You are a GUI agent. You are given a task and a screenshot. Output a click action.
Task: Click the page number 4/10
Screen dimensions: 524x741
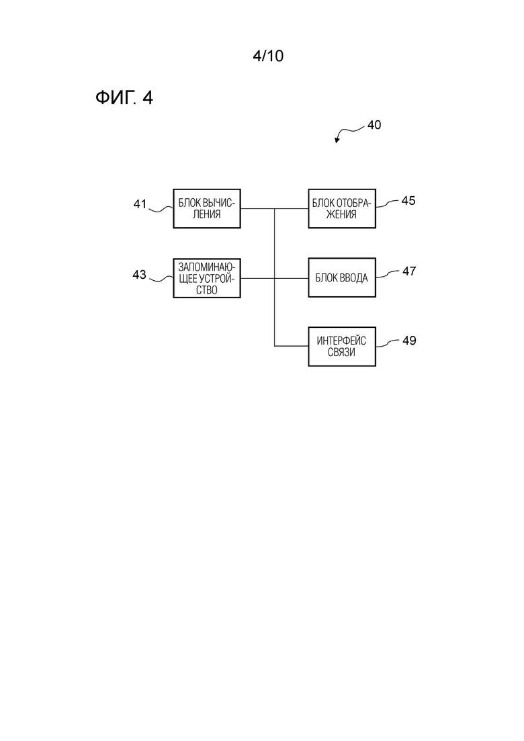coord(268,56)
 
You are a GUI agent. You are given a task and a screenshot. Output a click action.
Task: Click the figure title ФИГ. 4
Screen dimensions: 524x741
coord(124,98)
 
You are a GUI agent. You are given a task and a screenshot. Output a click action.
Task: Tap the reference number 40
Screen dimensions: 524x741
coord(374,125)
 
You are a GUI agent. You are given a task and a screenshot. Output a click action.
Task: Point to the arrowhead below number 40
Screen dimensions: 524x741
coord(337,140)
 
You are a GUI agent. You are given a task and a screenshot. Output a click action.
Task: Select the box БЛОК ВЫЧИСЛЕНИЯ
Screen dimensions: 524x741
coord(207,208)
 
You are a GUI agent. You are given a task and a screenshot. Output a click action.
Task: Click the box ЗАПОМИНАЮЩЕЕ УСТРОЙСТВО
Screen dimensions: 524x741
coord(207,278)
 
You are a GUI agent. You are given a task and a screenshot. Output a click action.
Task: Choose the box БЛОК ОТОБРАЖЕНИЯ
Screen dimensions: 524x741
coord(342,208)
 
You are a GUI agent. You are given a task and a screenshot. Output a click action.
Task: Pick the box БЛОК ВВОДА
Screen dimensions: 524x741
coord(342,277)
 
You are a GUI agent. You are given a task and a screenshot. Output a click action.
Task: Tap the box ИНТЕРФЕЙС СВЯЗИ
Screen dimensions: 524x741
coord(342,347)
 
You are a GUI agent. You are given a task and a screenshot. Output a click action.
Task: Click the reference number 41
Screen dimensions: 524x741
coord(140,204)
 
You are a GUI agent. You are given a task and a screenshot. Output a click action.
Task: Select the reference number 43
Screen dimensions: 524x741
coord(139,275)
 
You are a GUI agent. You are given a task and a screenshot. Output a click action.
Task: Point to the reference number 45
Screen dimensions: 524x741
coord(408,201)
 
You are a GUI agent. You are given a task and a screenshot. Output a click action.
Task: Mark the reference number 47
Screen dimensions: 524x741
coord(408,271)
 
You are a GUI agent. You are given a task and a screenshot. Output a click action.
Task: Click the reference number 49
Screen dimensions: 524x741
coord(408,340)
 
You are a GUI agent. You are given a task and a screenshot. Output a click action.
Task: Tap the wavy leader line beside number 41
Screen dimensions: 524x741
coord(161,208)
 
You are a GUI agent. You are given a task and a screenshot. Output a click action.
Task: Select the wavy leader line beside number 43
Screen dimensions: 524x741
coord(161,279)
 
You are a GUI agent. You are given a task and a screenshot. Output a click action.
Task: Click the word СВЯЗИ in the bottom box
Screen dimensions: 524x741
coord(342,353)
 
